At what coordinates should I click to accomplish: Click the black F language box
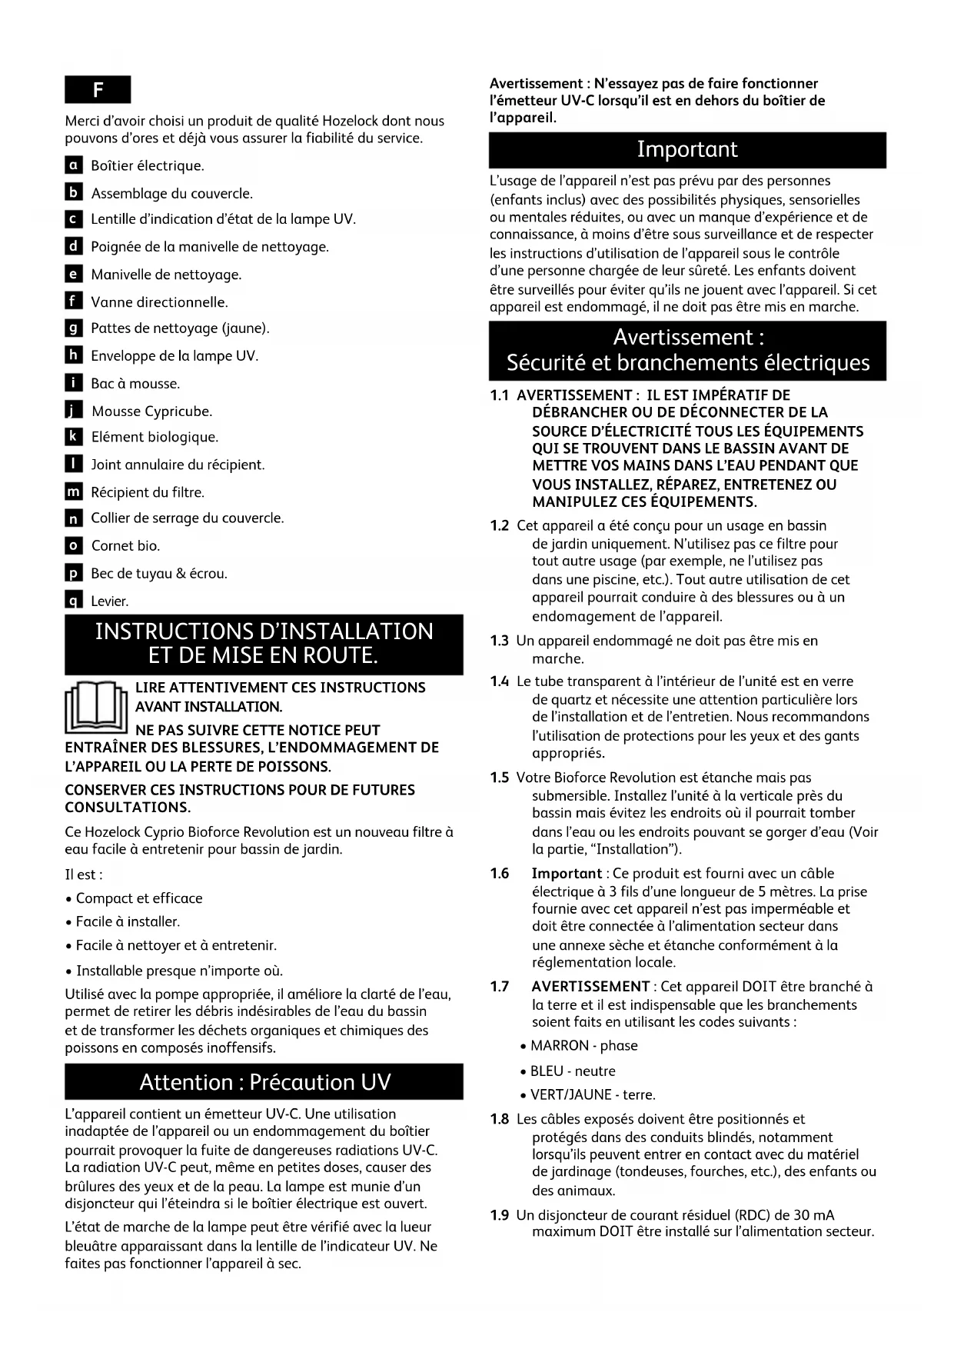coord(98,90)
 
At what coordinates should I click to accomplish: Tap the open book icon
coord(96,707)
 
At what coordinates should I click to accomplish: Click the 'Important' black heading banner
coord(687,150)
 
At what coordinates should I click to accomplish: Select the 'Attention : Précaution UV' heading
coord(264,1082)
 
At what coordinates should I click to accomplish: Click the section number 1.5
coord(500,778)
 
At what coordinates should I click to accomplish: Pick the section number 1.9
coord(500,1215)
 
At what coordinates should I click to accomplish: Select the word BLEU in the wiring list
coord(547,1071)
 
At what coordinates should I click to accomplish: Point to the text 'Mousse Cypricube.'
coord(151,411)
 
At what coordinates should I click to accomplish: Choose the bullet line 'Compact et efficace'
coord(139,898)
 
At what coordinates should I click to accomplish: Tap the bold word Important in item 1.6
coord(567,874)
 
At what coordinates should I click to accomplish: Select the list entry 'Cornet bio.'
coord(125,546)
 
